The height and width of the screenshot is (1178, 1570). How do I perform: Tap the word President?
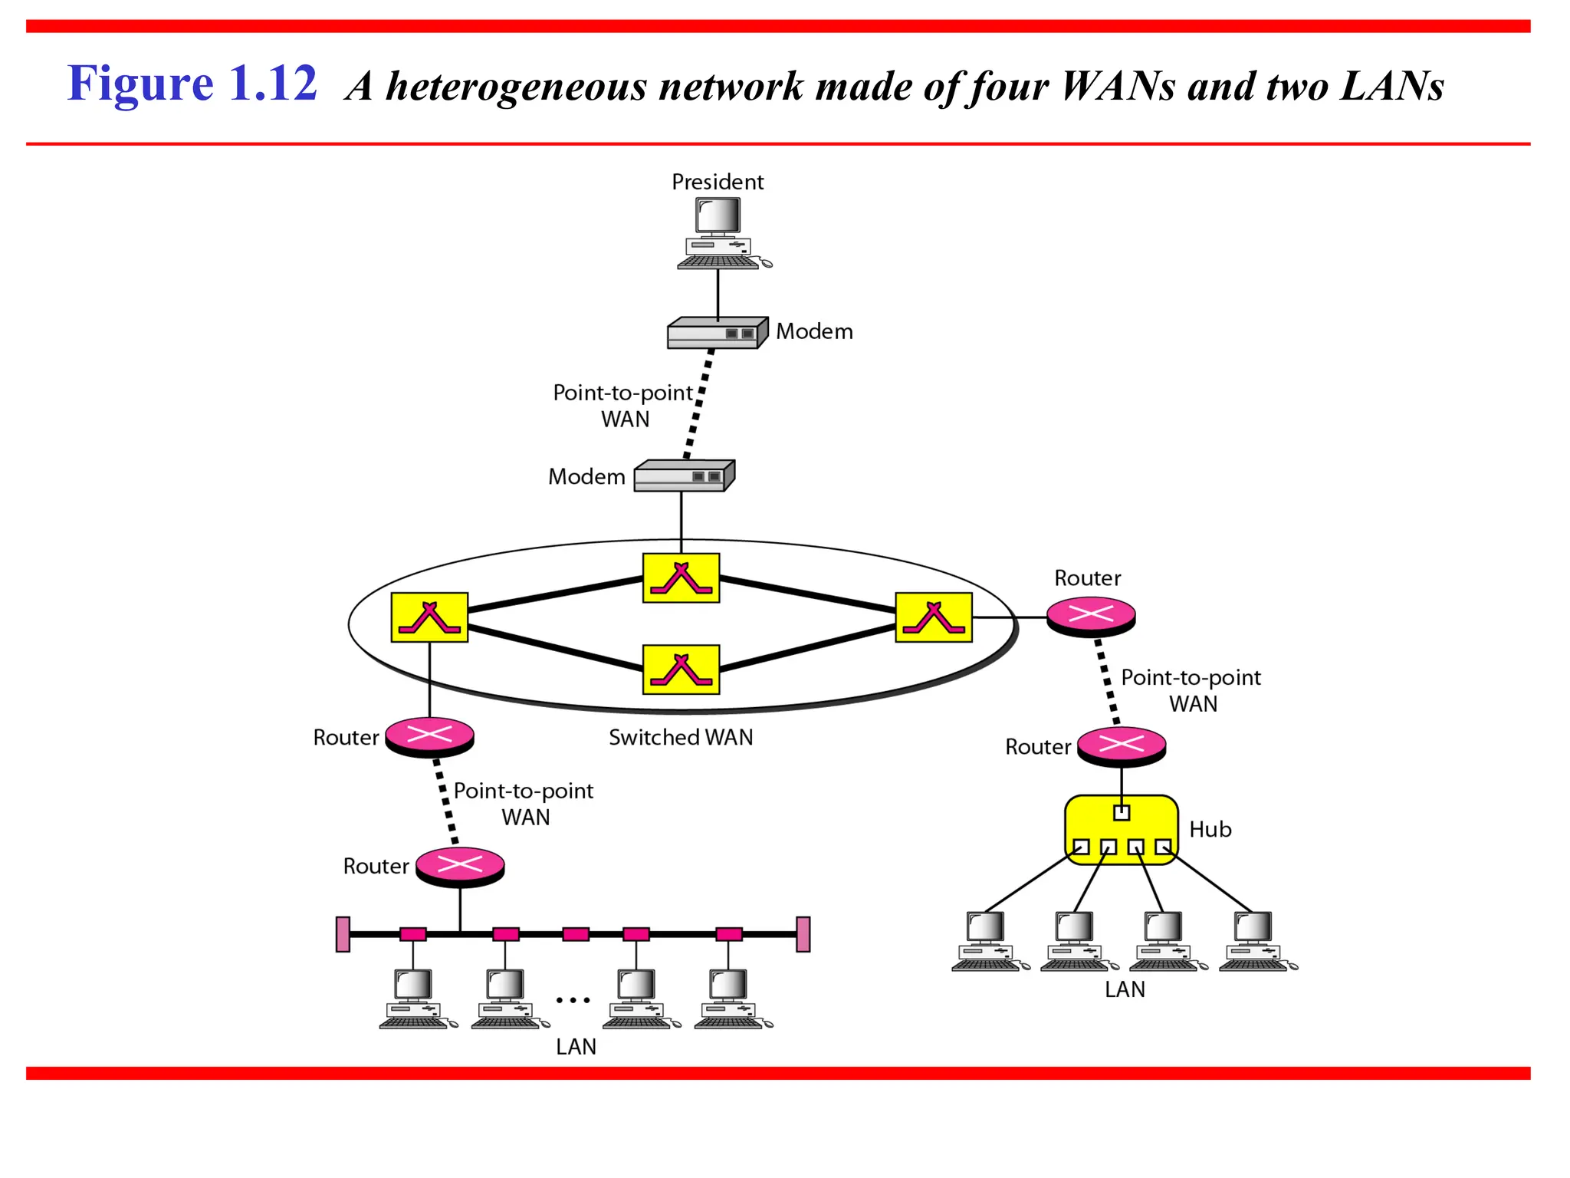click(x=718, y=182)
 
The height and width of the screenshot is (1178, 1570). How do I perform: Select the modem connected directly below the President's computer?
click(x=717, y=333)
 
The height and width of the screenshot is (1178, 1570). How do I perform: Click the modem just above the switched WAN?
click(x=683, y=475)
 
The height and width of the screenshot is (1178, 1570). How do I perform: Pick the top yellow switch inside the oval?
click(x=681, y=577)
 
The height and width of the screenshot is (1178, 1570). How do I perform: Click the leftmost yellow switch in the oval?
click(x=429, y=617)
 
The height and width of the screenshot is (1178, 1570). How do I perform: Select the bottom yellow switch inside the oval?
click(x=681, y=669)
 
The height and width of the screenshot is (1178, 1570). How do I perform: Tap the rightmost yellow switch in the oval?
click(x=934, y=617)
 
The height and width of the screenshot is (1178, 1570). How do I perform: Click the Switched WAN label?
click(x=681, y=737)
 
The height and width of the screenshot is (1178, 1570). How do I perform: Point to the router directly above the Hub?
click(x=1121, y=745)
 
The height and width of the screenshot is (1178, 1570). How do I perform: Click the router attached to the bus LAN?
click(x=460, y=867)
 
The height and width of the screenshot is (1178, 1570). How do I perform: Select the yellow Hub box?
click(x=1121, y=830)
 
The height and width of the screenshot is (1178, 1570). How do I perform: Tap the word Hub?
click(x=1210, y=829)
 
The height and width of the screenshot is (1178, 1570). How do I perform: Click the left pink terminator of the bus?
click(x=343, y=934)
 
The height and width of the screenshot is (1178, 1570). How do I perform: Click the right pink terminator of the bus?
click(x=803, y=934)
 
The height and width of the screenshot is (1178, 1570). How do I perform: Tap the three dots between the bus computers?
click(x=573, y=1000)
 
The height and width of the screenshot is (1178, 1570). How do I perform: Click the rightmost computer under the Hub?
click(x=1256, y=941)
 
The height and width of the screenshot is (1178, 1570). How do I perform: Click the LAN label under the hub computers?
click(x=1125, y=989)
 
